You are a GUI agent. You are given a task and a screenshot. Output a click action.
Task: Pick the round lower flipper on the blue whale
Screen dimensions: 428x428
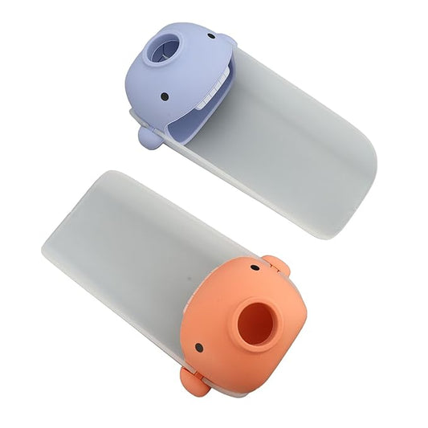[147, 137]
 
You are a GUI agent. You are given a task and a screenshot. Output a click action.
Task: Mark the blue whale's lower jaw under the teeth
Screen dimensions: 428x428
[198, 120]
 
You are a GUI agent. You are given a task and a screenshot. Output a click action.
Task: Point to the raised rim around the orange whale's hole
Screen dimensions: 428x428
[241, 337]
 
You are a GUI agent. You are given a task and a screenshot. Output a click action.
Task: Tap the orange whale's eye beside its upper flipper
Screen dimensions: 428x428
[255, 268]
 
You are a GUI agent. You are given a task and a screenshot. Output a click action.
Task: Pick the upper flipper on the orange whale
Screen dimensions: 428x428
[275, 264]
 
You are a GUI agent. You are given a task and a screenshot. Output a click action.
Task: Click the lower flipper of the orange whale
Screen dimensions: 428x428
[192, 383]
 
